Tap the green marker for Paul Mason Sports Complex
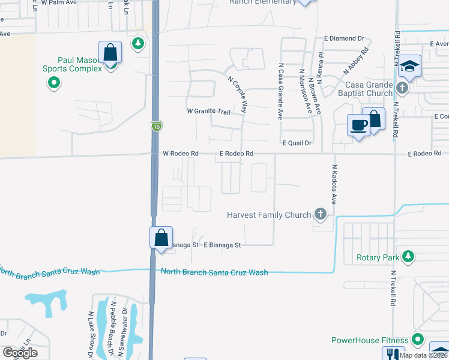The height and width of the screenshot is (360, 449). pos(54,83)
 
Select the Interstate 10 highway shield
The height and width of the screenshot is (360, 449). pos(156,126)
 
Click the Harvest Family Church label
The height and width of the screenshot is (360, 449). pos(269,215)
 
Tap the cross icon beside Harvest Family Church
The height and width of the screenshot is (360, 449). pos(321,214)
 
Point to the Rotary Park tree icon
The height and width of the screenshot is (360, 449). pos(408,257)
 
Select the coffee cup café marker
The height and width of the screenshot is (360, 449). pos(359,126)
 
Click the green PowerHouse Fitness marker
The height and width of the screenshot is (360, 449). pos(415,340)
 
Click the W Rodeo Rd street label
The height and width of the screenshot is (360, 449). pos(180,154)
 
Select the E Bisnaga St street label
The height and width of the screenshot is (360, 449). pos(221,245)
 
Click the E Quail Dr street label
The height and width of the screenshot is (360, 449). pos(297,143)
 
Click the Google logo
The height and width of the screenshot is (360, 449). pos(20,353)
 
